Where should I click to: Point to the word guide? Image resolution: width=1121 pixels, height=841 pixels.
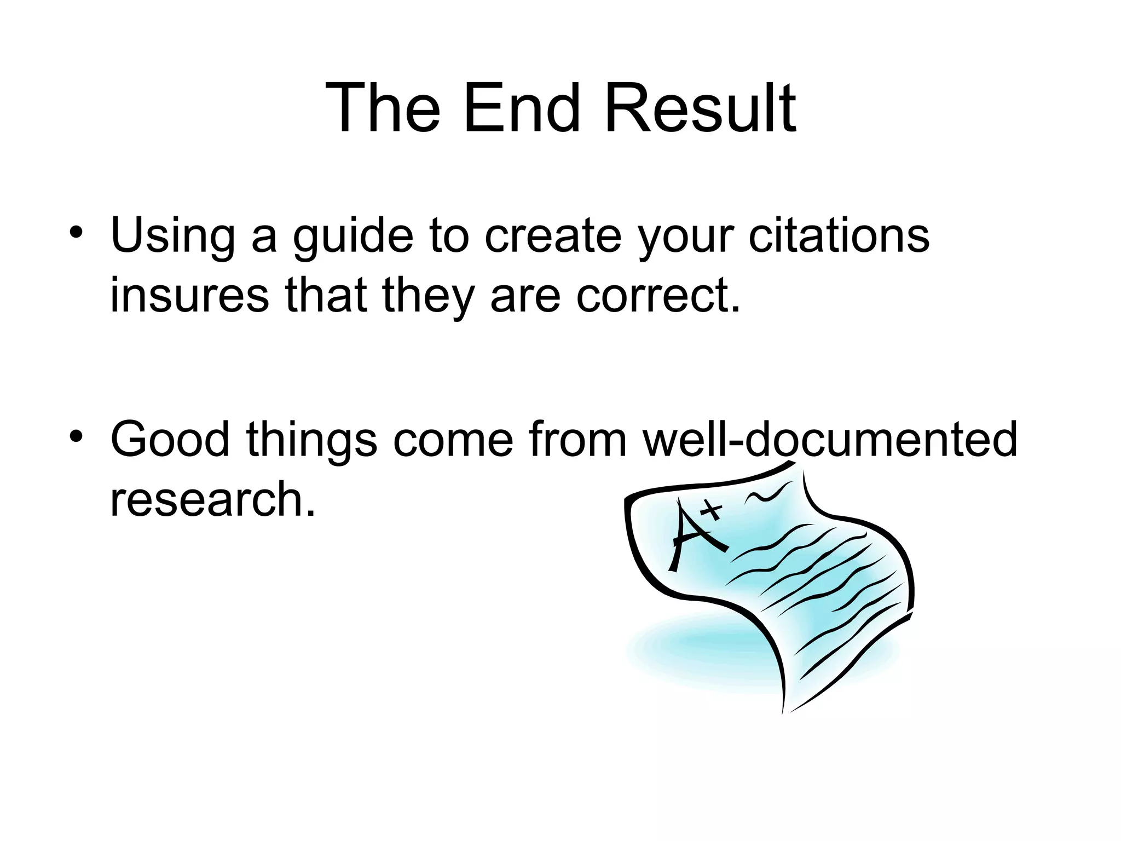click(353, 237)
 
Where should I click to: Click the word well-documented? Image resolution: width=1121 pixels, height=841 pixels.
click(830, 439)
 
